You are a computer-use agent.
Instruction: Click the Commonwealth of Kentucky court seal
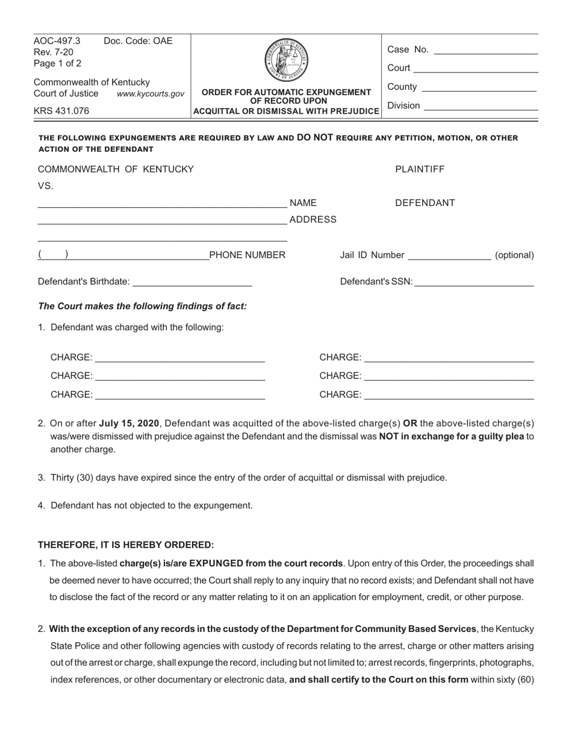point(286,61)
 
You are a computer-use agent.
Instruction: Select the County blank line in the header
point(479,88)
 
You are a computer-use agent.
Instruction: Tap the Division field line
point(480,107)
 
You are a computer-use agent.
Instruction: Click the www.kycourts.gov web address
point(151,94)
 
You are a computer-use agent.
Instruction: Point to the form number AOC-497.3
point(57,41)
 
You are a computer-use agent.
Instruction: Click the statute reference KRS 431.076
point(61,111)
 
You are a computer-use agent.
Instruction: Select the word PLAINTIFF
point(420,169)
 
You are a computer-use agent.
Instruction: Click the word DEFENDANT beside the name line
point(424,203)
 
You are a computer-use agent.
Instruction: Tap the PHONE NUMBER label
point(247,255)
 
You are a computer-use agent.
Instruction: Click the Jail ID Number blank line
point(449,256)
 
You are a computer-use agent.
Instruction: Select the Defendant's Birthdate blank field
point(191,282)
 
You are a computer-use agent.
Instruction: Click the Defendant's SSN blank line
point(474,282)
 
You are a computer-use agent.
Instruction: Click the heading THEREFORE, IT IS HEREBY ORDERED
point(126,545)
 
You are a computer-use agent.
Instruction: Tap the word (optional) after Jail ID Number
point(514,255)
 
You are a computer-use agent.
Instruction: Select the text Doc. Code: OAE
point(138,41)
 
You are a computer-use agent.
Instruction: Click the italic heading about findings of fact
point(143,306)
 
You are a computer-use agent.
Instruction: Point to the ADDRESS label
point(312,220)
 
